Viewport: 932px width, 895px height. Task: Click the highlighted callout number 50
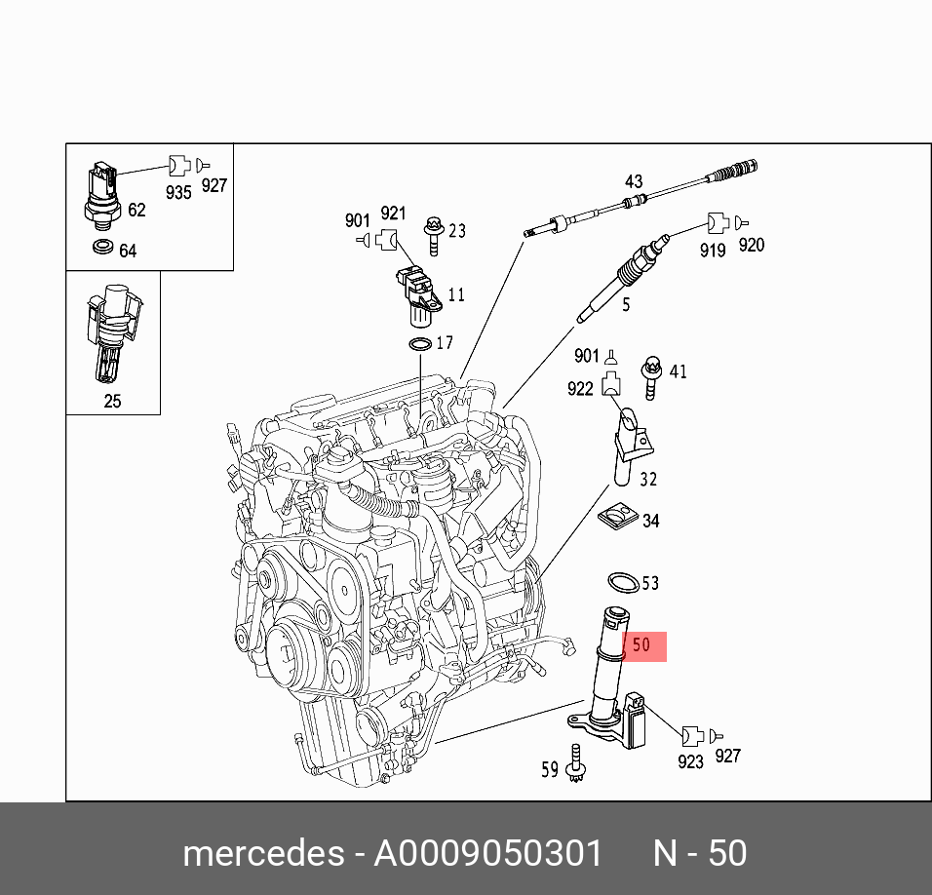click(641, 645)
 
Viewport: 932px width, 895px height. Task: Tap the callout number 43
click(634, 181)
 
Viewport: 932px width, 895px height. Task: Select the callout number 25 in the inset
click(112, 401)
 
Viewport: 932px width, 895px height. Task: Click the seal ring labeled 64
click(101, 250)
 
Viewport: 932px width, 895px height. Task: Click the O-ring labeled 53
click(622, 583)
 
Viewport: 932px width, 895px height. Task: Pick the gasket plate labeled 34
click(617, 518)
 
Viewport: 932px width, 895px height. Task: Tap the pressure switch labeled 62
click(102, 196)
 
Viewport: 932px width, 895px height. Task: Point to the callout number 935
click(177, 192)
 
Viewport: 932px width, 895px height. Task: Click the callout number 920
click(751, 245)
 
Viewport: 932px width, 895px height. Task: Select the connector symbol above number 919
click(717, 223)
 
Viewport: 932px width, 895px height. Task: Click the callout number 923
click(690, 761)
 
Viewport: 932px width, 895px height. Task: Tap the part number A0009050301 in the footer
click(487, 853)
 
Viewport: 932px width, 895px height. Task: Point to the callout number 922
click(580, 389)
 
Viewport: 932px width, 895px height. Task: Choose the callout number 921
click(393, 214)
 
